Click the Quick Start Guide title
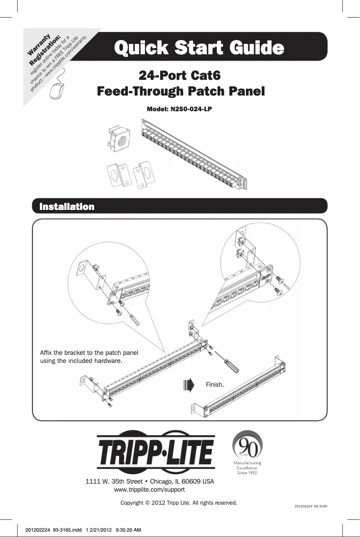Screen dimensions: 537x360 tap(199, 47)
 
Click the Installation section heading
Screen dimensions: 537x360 tap(67, 207)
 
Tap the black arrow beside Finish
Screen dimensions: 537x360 tap(189, 385)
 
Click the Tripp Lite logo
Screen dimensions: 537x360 tap(155, 453)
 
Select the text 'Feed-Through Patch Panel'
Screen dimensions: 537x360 tap(181, 92)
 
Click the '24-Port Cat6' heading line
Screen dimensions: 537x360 tap(180, 74)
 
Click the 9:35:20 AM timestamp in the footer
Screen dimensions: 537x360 tap(128, 530)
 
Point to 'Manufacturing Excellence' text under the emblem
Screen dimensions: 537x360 tap(247, 467)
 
